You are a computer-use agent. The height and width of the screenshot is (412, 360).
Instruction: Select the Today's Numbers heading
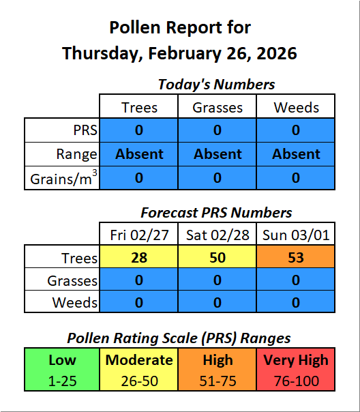(216, 85)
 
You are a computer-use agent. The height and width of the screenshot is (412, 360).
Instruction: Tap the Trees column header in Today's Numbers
(139, 107)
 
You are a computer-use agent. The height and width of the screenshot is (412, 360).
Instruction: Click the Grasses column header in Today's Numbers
(217, 107)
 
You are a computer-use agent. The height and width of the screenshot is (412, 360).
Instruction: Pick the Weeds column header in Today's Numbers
(296, 107)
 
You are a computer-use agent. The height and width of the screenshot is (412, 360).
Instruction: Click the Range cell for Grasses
(217, 154)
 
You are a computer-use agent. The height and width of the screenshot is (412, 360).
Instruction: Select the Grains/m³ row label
(63, 178)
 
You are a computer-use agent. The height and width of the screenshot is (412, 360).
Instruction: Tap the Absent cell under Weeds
(296, 154)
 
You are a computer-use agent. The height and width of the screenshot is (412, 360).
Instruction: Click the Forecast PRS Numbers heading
(216, 213)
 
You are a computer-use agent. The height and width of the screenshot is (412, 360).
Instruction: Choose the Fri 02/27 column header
(139, 235)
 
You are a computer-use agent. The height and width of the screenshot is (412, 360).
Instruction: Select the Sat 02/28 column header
(217, 235)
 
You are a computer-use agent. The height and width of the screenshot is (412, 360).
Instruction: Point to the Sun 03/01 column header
(296, 235)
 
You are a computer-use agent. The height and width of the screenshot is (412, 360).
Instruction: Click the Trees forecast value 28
(139, 258)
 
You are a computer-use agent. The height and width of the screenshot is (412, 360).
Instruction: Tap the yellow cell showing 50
(217, 258)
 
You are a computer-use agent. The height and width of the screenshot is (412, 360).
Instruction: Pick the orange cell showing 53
(296, 258)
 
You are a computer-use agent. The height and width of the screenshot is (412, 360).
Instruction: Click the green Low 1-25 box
(62, 369)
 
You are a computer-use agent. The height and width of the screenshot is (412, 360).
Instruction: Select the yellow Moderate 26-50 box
(140, 369)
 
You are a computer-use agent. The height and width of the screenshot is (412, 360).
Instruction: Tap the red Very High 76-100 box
(296, 369)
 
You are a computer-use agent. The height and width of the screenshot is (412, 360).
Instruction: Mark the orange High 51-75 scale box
(217, 369)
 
